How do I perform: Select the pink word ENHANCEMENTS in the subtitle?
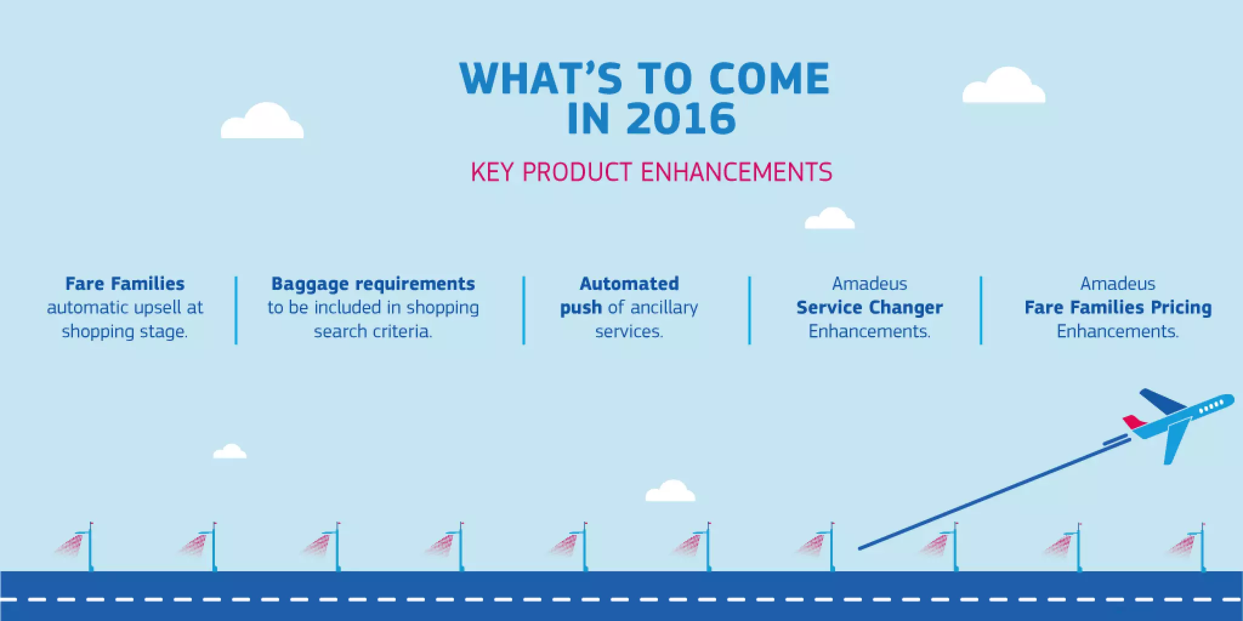point(736,172)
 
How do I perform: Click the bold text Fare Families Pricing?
point(1118,307)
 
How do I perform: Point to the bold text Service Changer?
point(869,307)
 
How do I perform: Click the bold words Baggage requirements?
point(373,284)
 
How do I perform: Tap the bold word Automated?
point(629,284)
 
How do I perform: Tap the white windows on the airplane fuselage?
point(1211,407)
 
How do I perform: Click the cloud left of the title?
point(262,122)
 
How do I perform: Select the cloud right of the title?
point(1004,87)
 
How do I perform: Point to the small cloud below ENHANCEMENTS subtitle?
point(830,220)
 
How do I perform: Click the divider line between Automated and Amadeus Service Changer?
point(750,310)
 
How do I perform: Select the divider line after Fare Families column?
point(236,310)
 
